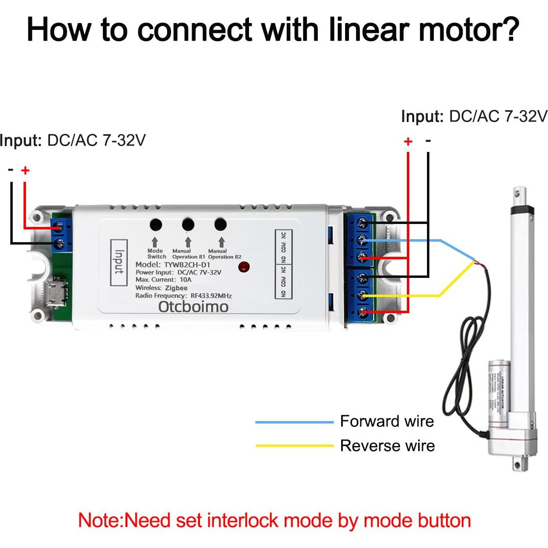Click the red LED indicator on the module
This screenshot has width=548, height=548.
[244, 267]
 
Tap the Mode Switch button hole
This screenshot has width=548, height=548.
[155, 224]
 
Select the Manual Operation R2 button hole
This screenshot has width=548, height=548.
[221, 224]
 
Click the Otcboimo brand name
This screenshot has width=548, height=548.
[193, 307]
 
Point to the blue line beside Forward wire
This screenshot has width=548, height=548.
[294, 422]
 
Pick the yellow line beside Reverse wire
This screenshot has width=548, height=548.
[294, 446]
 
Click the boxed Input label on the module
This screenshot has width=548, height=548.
[119, 263]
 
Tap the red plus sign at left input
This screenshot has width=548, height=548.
[25, 170]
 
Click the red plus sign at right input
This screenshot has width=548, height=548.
[408, 142]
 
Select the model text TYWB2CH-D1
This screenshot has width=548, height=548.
[187, 265]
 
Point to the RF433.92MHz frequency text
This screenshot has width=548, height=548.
[211, 296]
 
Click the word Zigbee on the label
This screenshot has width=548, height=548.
[176, 288]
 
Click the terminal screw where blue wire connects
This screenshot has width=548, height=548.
[363, 240]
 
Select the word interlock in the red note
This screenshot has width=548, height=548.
[243, 521]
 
